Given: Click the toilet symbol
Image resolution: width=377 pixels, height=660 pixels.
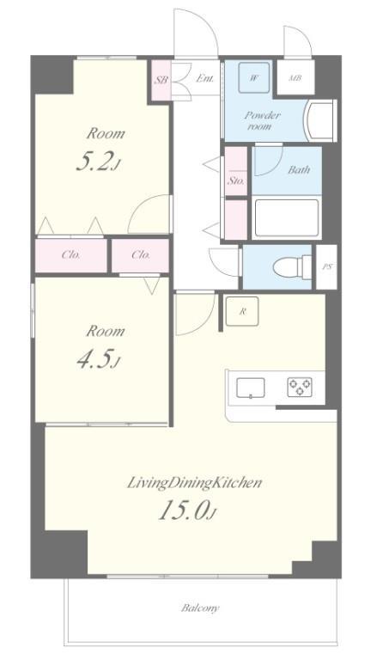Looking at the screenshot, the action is click(292, 267).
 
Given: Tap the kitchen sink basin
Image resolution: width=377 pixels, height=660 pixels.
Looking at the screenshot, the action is click(251, 388).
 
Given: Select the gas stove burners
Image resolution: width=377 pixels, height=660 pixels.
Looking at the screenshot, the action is click(300, 387).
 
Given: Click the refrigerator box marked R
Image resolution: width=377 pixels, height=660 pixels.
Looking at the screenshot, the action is click(242, 311).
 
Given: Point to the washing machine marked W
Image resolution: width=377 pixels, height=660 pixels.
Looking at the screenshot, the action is click(253, 77).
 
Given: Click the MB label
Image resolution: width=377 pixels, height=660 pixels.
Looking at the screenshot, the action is click(295, 78).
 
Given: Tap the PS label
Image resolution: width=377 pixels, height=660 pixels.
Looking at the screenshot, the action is click(326, 267).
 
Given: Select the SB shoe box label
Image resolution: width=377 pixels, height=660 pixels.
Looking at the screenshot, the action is click(161, 79).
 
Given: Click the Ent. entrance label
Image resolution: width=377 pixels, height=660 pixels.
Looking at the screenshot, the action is click(206, 78).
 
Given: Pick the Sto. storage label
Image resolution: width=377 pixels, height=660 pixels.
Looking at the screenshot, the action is click(236, 181).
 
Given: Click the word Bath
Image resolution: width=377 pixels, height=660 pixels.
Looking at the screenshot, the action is click(299, 169).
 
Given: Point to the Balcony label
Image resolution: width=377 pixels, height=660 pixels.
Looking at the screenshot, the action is click(200, 608).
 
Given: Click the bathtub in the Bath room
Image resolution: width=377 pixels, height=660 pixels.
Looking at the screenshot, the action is click(287, 218).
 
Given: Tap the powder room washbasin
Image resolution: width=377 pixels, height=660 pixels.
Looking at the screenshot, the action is click(320, 121).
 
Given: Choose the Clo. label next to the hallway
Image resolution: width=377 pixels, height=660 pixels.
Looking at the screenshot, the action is click(140, 255).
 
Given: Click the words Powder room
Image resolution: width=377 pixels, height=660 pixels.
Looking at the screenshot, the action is click(263, 120).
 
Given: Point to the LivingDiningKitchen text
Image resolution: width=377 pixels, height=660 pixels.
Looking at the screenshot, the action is click(194, 483).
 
